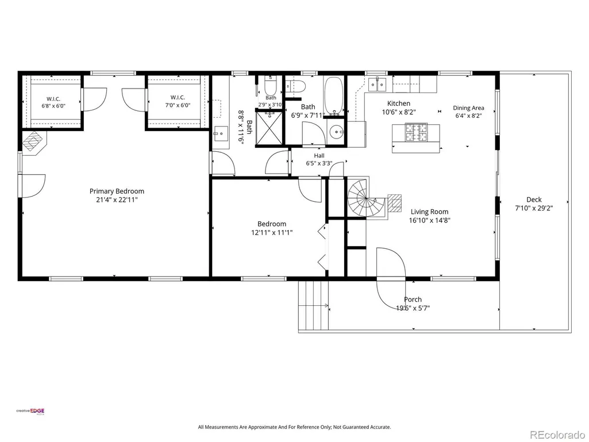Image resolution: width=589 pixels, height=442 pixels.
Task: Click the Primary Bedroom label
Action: point(117,191)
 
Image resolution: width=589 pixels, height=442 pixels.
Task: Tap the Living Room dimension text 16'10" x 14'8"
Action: point(429,220)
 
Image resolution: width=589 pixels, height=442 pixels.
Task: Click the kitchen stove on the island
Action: point(416,133)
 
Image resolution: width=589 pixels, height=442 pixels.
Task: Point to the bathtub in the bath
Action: point(333,96)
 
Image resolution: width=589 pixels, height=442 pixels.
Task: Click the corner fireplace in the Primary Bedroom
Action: point(34,143)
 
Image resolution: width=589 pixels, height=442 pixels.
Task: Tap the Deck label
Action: point(534,199)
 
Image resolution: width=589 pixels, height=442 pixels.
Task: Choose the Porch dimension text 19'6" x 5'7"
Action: point(413,308)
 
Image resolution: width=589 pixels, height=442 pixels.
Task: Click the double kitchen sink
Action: point(377,84)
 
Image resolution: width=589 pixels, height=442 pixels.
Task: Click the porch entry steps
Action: point(314,305)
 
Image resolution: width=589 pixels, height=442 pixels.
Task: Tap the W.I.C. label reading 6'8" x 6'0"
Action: point(53,106)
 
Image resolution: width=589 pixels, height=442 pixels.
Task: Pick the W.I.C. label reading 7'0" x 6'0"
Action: point(178,105)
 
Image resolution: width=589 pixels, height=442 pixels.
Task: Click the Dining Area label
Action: point(468,108)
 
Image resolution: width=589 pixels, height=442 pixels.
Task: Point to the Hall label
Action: point(319,156)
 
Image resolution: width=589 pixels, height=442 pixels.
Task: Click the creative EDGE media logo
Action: point(30,411)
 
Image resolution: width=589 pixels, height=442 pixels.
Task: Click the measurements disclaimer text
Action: point(294,427)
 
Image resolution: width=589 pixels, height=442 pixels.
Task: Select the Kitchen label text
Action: point(399,103)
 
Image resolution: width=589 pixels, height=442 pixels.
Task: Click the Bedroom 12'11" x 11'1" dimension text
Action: point(272,233)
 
